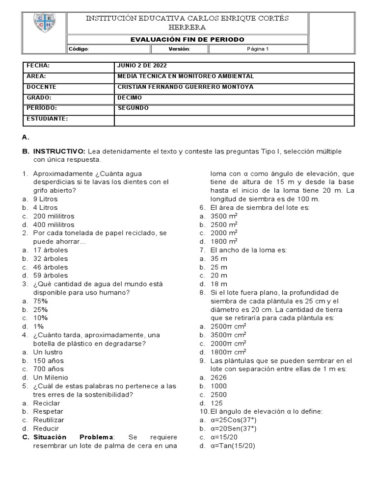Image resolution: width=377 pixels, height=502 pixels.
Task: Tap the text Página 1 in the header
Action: [257, 49]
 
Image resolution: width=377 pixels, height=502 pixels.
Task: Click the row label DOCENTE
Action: [41, 87]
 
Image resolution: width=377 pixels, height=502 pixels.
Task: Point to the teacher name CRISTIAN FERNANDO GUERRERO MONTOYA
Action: [186, 87]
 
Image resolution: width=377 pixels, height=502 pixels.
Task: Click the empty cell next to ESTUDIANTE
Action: [234, 120]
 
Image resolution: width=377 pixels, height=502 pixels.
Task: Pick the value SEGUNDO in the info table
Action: [133, 108]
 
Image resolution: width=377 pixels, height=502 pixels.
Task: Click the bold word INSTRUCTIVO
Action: [59, 151]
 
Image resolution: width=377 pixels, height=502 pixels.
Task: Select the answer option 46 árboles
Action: [51, 267]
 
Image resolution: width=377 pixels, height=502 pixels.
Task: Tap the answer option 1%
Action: [39, 326]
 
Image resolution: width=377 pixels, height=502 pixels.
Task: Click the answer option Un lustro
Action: [48, 352]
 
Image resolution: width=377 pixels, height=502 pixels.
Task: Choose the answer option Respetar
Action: [48, 411]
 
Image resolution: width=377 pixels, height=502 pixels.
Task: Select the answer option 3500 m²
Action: [224, 216]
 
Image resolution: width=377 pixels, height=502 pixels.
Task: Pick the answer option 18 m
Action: [219, 284]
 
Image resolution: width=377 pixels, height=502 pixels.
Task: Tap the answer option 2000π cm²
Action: [228, 343]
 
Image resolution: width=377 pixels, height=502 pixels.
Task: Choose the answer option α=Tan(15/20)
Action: [233, 446]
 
